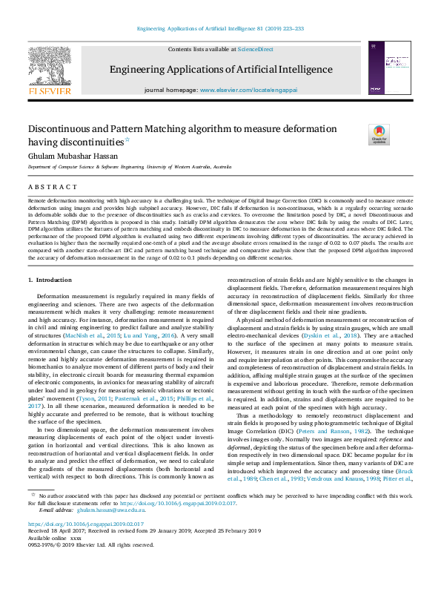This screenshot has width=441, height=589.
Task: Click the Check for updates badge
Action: [379, 134]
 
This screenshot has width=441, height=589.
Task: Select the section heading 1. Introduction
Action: [50, 280]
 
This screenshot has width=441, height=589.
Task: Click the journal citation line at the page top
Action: [220, 30]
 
